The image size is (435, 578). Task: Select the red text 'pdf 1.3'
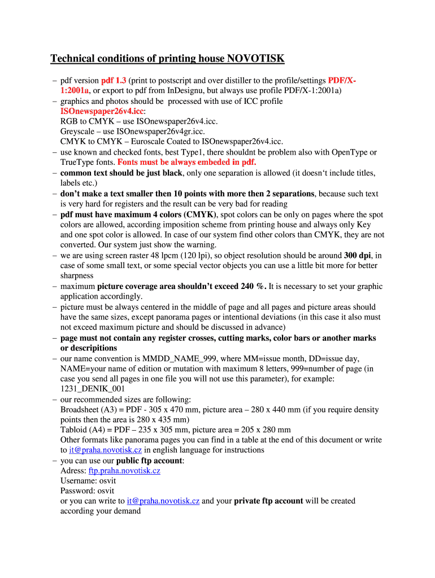(114, 81)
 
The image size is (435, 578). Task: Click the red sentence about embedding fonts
(186, 163)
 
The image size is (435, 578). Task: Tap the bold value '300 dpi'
(358, 255)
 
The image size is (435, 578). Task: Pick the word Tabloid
(74, 430)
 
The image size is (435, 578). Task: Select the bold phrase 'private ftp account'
(268, 501)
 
